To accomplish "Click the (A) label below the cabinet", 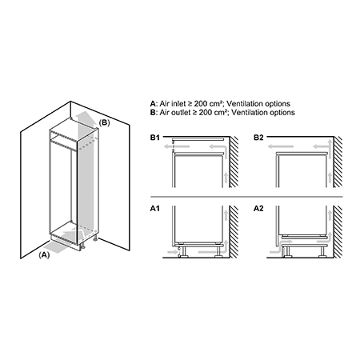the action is [x=44, y=255].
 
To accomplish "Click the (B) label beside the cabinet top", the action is [x=104, y=122].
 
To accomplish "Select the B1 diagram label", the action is [x=155, y=138].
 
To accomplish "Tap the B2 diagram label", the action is [x=258, y=138].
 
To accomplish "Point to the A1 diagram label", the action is [x=155, y=208].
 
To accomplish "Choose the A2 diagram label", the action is [x=258, y=208].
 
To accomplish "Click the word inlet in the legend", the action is [x=178, y=103].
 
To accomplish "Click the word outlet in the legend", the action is [x=181, y=112].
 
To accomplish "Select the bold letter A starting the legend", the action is [x=153, y=103].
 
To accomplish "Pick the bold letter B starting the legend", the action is [x=153, y=112].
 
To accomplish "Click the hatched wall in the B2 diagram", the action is [x=338, y=162].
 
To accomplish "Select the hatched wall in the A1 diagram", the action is [x=234, y=231].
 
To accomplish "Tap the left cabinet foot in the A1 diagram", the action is [x=183, y=251].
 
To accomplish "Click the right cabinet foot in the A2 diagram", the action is [x=322, y=251].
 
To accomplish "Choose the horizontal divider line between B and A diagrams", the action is [x=246, y=197].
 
